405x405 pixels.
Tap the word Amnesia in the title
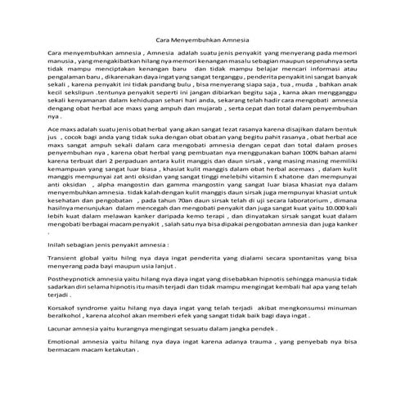tap(232, 38)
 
